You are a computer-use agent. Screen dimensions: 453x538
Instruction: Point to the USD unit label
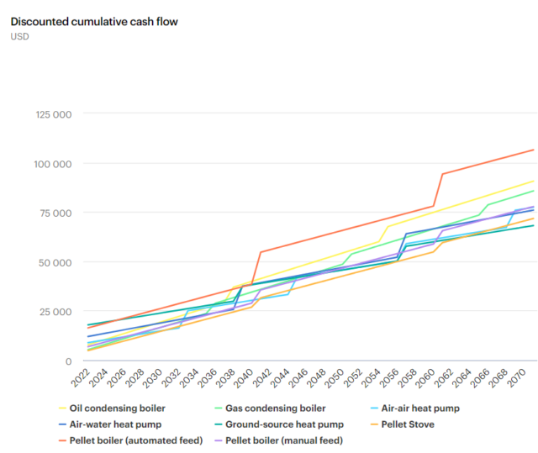tap(20, 36)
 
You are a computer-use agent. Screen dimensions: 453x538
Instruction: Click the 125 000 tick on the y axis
tap(53, 114)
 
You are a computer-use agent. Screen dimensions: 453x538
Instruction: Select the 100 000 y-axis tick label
tap(53, 163)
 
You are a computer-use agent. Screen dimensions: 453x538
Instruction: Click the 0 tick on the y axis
tap(70, 361)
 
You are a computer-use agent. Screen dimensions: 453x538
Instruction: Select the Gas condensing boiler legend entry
tap(269, 408)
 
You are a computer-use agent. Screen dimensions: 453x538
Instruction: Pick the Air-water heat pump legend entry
tap(116, 424)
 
